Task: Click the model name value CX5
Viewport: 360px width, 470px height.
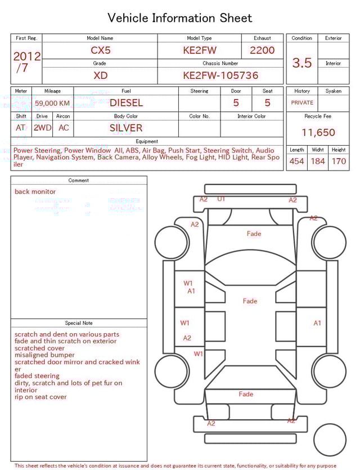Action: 100,50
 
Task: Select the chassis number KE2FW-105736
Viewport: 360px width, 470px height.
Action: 220,75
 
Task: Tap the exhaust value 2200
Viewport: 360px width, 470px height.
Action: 262,50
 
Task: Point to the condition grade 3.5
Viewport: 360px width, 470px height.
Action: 302,63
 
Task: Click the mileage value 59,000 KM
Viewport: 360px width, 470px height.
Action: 52,103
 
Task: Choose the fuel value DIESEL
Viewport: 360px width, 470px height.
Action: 126,103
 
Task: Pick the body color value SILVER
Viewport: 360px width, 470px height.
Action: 126,128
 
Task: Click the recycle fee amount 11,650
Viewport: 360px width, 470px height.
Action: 318,133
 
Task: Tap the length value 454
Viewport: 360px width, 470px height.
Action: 296,161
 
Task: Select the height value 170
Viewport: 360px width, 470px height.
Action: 339,161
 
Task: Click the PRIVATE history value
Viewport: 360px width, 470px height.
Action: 302,103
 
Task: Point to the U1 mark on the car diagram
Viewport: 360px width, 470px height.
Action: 221,199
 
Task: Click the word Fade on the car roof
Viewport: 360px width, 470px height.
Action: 250,301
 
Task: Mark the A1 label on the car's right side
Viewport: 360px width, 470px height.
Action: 317,323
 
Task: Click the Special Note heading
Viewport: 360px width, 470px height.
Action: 79,323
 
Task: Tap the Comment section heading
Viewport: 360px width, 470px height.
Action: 79,181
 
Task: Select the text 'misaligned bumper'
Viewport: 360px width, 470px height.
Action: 44,355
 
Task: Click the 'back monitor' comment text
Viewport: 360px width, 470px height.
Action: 35,192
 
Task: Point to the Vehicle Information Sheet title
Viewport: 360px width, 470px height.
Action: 180,18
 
